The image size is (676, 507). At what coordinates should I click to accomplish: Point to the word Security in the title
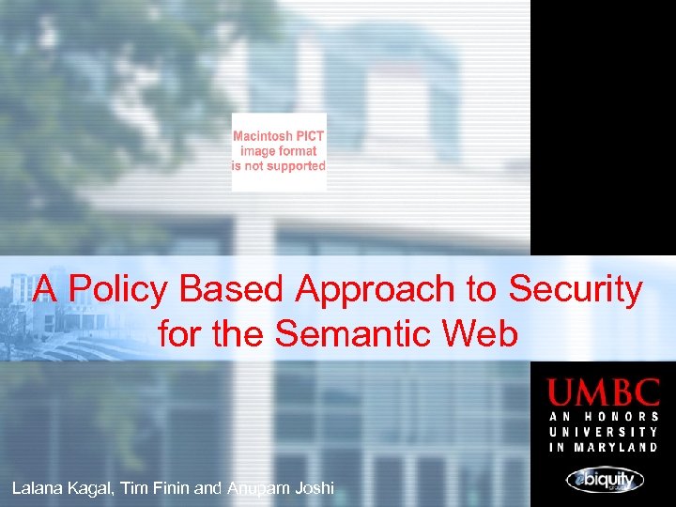tap(576, 290)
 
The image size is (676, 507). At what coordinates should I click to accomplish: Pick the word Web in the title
tap(483, 333)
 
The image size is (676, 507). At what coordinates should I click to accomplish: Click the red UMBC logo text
tap(604, 392)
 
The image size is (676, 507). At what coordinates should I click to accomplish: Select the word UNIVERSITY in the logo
tap(604, 432)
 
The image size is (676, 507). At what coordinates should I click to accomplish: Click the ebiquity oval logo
tap(605, 480)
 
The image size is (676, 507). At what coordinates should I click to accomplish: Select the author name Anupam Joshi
tap(280, 488)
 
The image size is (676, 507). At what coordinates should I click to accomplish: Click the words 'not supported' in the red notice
tap(289, 166)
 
